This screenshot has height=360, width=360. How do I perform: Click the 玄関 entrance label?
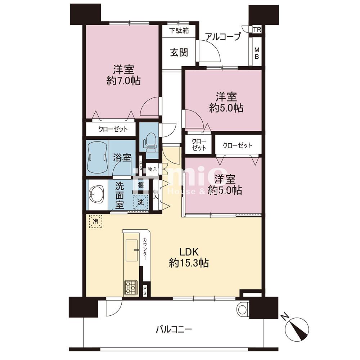[x=179, y=53]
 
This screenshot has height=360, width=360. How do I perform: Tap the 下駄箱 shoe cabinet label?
[x=179, y=31]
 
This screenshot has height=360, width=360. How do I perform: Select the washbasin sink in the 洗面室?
[x=96, y=195]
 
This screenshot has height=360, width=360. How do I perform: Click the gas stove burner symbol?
[x=131, y=288]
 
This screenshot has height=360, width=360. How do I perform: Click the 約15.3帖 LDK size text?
[x=189, y=263]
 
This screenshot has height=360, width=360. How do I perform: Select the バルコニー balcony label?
[x=174, y=329]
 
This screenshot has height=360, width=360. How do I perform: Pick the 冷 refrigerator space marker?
[x=95, y=221]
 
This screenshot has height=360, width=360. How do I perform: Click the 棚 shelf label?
[x=141, y=185]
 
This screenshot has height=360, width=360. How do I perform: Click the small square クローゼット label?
[x=199, y=144]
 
